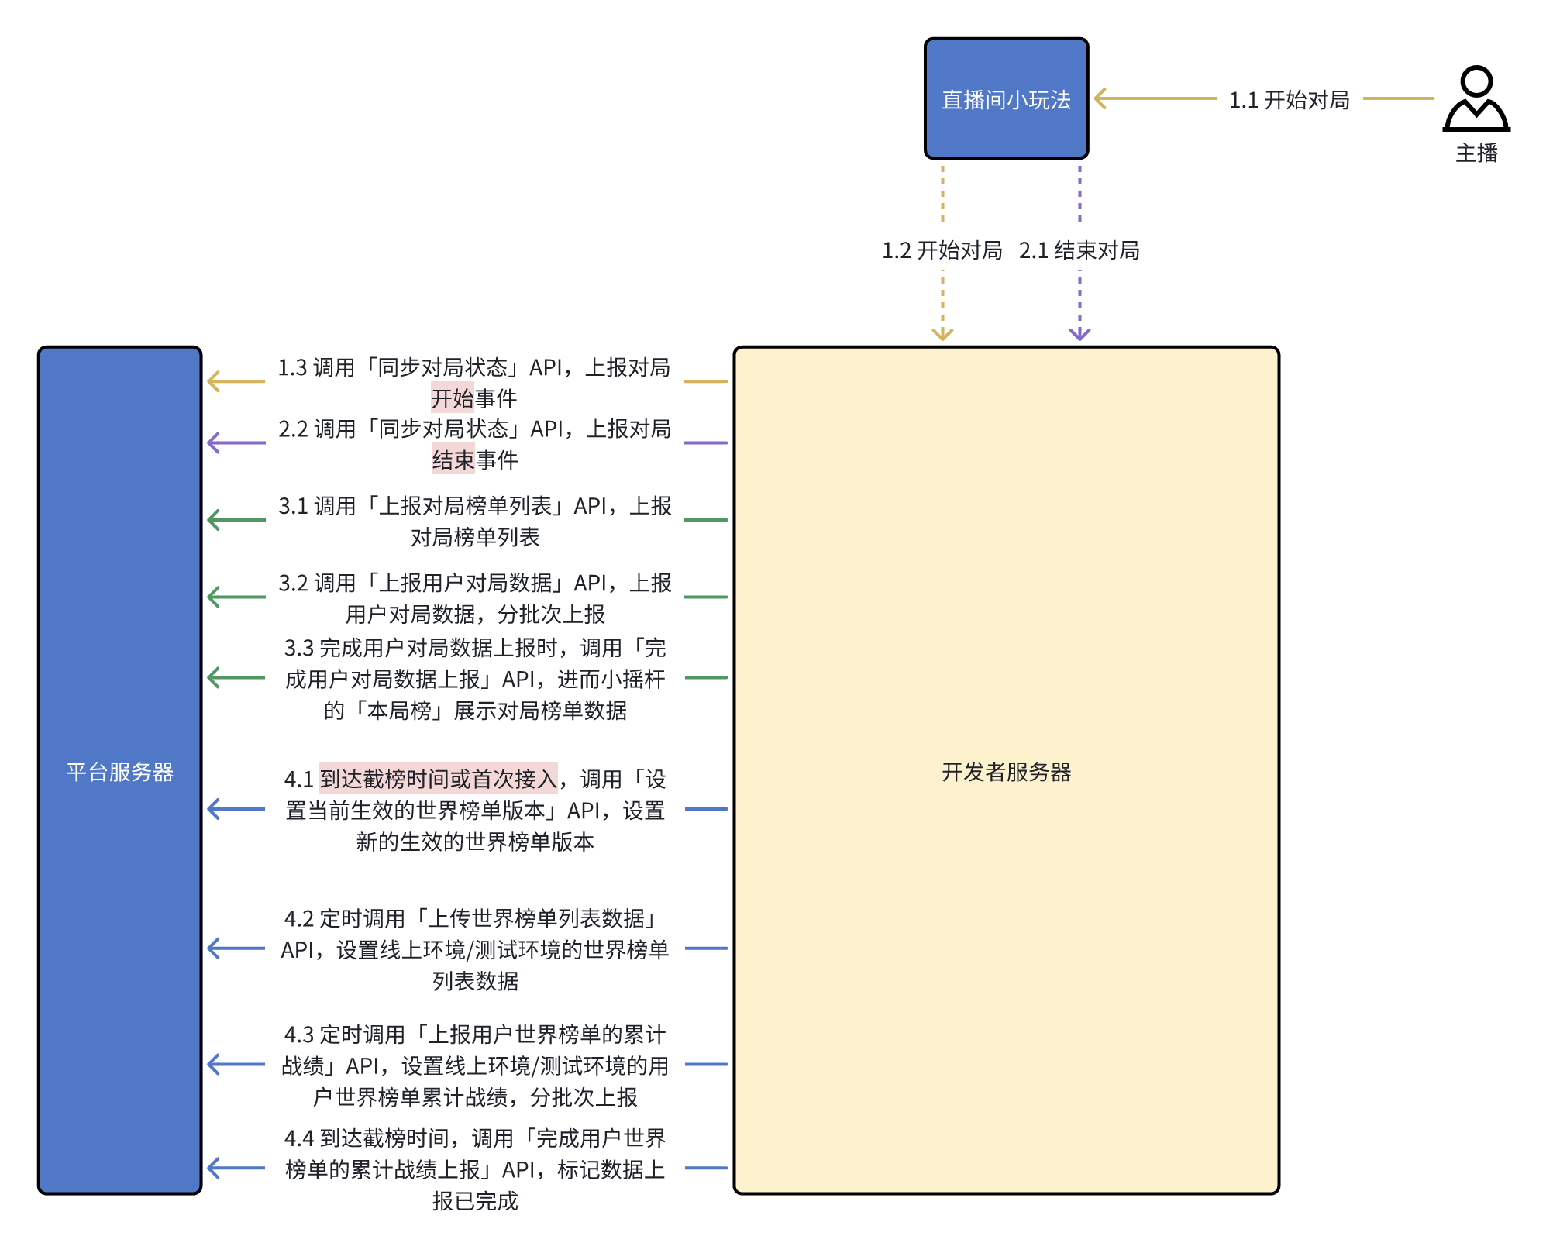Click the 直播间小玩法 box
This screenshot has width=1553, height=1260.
coord(1006,98)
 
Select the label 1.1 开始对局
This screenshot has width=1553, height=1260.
coord(1289,100)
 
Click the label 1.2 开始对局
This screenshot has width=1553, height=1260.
coord(942,250)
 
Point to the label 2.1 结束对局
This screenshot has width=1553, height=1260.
coord(1079,250)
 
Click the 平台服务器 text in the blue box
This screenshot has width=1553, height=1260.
coord(119,772)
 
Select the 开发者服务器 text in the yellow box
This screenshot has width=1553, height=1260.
coord(1006,772)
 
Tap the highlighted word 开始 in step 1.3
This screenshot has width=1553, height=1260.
coord(452,398)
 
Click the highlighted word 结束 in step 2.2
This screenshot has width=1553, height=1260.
coord(453,460)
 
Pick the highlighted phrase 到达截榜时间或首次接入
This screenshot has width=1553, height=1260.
coord(438,778)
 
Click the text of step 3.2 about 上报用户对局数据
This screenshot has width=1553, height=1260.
coord(474,598)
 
